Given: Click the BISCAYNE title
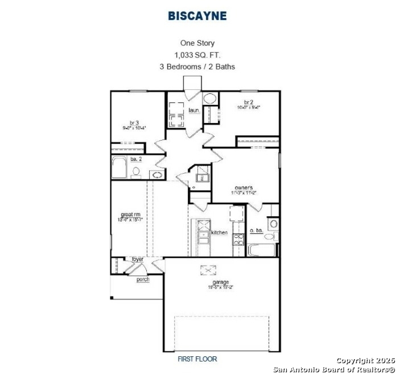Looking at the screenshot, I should [x=197, y=16].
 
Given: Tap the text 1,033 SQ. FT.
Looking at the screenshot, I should [x=197, y=55].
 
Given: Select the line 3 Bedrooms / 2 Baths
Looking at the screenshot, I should [x=197, y=67].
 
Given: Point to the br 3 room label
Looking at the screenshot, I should [x=134, y=122].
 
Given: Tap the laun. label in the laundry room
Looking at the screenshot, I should [x=193, y=110].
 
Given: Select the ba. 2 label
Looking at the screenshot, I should [x=135, y=160].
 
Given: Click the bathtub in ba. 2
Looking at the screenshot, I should [x=120, y=169].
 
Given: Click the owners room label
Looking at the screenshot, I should [x=244, y=187].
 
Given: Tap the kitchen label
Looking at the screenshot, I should [x=220, y=232].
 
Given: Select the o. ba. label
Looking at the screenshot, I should [x=255, y=231].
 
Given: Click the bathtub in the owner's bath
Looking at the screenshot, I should [x=262, y=250].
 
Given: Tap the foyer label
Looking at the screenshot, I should [x=138, y=260].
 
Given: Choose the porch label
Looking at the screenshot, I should [x=142, y=280].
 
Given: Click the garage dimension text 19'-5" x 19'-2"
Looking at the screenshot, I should [x=221, y=287].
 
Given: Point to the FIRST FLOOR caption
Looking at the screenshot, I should [x=197, y=359].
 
